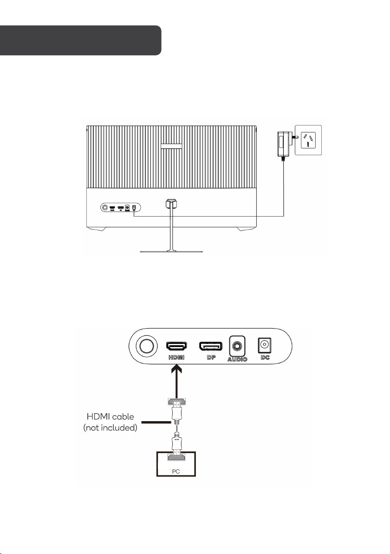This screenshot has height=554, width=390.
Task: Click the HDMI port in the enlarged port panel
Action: click(x=177, y=346)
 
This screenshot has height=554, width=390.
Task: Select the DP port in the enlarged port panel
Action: click(x=210, y=346)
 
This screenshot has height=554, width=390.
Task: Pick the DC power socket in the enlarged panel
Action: click(x=265, y=345)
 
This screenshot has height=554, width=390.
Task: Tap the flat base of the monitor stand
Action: click(x=172, y=251)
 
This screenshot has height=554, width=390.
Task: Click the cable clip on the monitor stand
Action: click(x=171, y=203)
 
